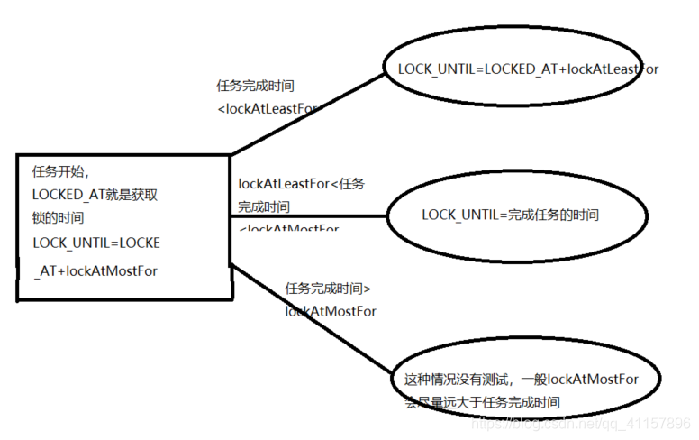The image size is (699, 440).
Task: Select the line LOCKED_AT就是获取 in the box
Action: [95, 194]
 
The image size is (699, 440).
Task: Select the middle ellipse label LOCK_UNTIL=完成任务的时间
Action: [510, 215]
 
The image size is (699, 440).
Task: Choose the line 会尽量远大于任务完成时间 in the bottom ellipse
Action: [488, 403]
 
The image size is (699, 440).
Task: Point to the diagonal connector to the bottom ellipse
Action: [311, 316]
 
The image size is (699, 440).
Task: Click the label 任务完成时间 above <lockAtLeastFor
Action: [255, 87]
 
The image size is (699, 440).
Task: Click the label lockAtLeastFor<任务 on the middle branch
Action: [301, 183]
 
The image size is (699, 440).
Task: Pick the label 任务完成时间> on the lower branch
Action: [328, 289]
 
